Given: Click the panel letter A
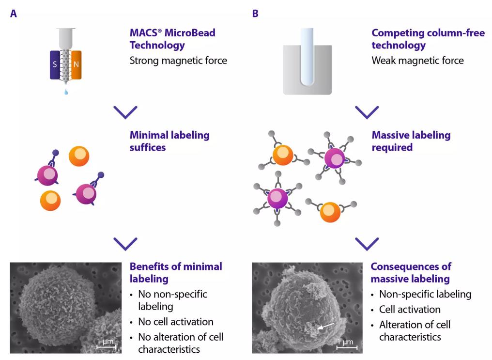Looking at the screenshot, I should pos(14,14).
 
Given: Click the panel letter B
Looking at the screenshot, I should pos(255,14).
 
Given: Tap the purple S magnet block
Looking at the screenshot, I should pos(55,64).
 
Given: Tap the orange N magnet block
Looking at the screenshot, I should pos(76,64).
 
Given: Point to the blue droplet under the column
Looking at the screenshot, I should pos(66,91).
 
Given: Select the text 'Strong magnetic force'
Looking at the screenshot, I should pos(178,61).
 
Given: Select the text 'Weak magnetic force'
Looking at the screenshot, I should pos(417,61).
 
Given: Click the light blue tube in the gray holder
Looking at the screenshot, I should pos(307,55).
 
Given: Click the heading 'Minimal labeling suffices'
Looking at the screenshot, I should pos(169,141).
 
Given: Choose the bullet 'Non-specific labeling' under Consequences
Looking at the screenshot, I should pos(425,294).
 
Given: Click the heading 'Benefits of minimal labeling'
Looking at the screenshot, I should pos(175,272).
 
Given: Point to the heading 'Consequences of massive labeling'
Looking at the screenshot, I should pos(411,272).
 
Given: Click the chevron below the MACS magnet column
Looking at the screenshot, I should pos(125,112).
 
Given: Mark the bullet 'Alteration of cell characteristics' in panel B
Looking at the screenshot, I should pos(415,330).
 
